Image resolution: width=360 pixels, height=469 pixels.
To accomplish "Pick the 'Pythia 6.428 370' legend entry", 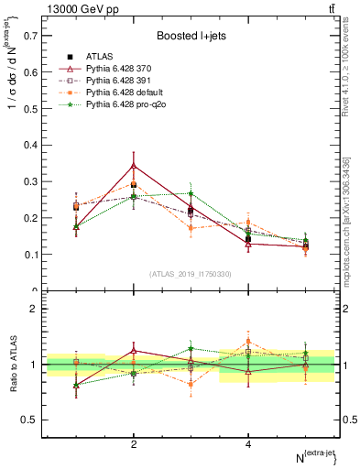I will [119, 69].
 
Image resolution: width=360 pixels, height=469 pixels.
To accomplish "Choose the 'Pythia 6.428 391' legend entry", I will [119, 82].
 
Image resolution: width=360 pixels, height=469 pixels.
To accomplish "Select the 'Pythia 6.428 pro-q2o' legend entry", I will [125, 106].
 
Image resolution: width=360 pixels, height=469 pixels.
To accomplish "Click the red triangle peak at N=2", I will [134, 166].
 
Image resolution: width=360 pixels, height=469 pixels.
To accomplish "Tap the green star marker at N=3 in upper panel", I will [191, 193].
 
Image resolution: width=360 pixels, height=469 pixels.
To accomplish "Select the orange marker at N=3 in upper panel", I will [191, 228].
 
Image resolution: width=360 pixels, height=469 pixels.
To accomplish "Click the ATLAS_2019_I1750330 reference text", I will [190, 274].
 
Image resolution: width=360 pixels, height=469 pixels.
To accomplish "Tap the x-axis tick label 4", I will [248, 444].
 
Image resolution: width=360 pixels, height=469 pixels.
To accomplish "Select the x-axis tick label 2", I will [134, 444].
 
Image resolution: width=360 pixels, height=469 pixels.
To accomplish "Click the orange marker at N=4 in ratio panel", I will [248, 341].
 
